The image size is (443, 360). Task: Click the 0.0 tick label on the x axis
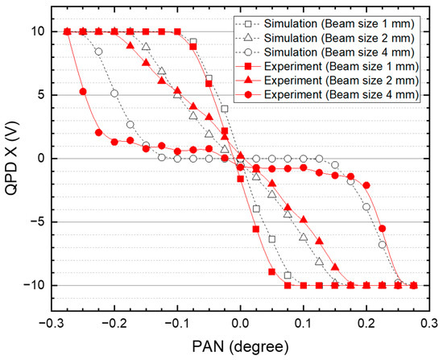tap(240, 324)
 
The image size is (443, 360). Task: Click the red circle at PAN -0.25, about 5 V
tap(83, 92)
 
